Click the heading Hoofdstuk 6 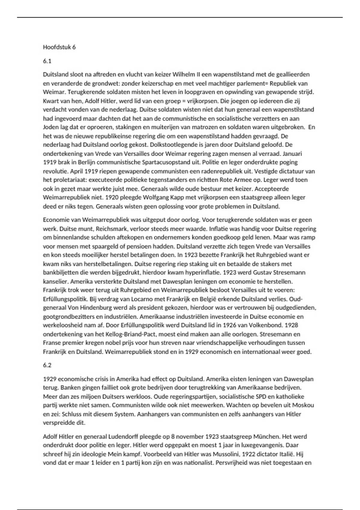(59, 47)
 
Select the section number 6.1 (47, 61)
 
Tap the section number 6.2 (47, 365)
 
